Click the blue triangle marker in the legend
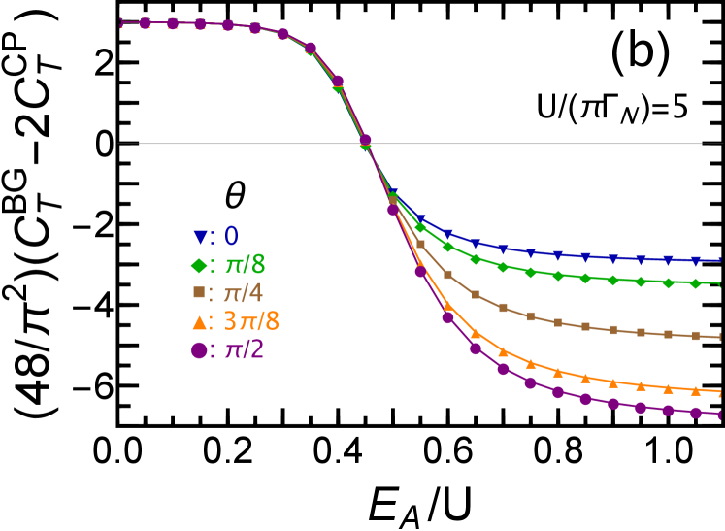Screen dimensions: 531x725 (200, 236)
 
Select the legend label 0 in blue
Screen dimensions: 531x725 (231, 236)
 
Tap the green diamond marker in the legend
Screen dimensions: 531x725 (199, 264)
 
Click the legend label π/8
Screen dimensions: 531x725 (245, 264)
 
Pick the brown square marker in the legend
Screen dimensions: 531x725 (199, 292)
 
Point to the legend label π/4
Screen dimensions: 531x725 (244, 293)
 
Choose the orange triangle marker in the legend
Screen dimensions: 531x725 (199, 321)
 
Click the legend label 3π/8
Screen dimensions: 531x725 (251, 321)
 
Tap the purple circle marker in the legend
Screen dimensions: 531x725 (199, 350)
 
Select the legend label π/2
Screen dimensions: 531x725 (245, 350)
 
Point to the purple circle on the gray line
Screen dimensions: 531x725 (366, 140)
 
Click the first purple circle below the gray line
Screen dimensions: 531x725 (393, 210)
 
